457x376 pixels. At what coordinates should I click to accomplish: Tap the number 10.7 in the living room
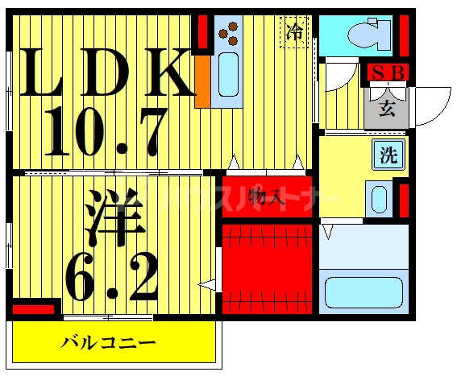tap(105, 131)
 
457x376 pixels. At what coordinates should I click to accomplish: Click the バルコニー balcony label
tap(109, 343)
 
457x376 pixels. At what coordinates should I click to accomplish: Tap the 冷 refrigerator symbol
tap(296, 31)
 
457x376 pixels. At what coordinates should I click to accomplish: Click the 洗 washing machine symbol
tap(388, 155)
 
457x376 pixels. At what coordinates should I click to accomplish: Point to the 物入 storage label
tap(265, 196)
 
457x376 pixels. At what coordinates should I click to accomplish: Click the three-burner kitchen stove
tap(229, 31)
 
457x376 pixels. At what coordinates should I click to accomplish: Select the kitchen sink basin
tap(228, 74)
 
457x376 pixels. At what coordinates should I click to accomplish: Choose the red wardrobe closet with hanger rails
tap(266, 269)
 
